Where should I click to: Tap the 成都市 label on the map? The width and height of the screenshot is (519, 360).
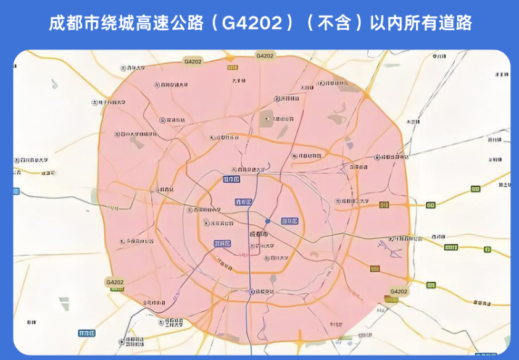click(259, 235)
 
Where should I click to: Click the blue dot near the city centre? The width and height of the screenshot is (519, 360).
click(267, 221)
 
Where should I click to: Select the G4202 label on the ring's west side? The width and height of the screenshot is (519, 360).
click(115, 282)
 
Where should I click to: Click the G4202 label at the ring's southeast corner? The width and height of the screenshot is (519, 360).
click(399, 291)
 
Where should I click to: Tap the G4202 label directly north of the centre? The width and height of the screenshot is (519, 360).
click(264, 56)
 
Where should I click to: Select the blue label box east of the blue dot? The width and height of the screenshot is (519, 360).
click(289, 220)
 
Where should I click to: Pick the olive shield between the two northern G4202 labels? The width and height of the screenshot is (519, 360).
click(230, 58)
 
